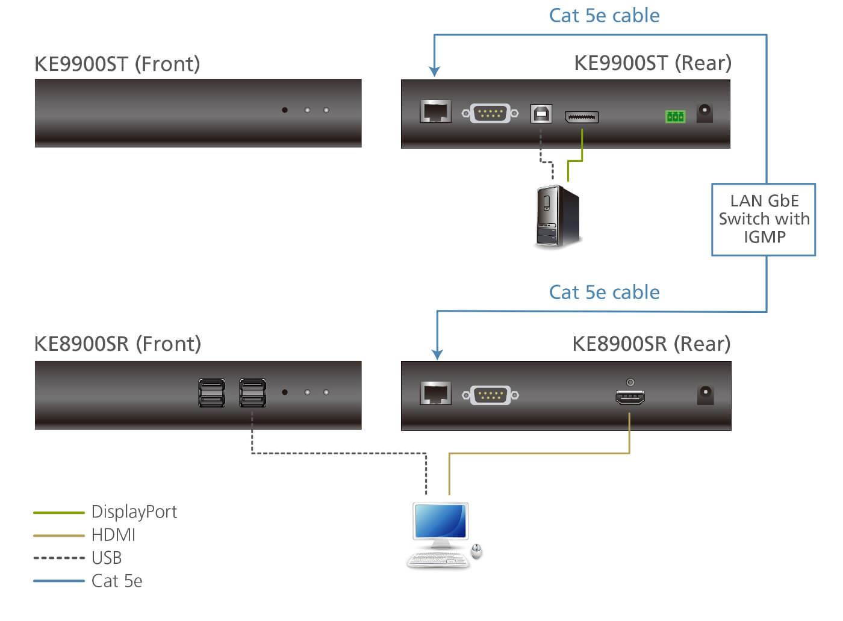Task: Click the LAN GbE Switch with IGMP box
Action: click(764, 219)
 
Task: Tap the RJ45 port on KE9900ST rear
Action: click(435, 112)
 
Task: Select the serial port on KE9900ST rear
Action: click(490, 113)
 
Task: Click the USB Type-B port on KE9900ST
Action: click(541, 113)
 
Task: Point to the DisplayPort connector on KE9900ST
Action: click(581, 116)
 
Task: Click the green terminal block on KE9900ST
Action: click(675, 116)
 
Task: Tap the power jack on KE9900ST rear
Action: click(705, 113)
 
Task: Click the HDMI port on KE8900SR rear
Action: click(630, 397)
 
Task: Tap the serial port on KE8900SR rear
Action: click(490, 395)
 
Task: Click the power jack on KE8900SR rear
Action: click(705, 395)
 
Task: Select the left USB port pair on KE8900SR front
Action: click(212, 393)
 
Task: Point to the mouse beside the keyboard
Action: click(476, 551)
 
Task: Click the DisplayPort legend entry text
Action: click(134, 512)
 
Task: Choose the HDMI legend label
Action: click(113, 535)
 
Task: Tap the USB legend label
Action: click(107, 558)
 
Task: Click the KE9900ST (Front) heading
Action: click(117, 64)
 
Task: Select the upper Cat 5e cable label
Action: click(604, 16)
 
